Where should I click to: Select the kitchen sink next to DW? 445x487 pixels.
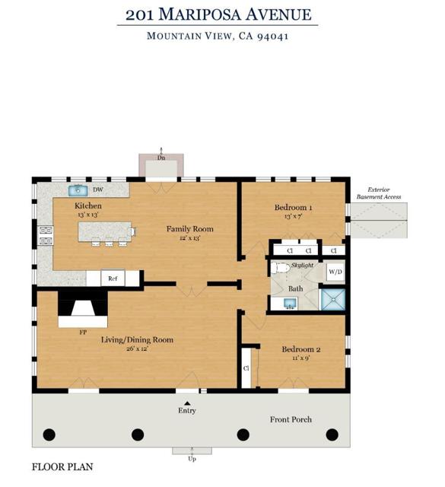point(78,190)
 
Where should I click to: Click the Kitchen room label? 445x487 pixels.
point(87,206)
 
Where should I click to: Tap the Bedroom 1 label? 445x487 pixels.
point(293,208)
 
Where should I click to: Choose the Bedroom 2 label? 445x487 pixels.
point(301,349)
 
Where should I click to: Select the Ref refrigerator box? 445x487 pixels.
point(113,279)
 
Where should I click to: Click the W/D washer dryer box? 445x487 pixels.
point(335,272)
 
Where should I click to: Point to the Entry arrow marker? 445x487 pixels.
point(187,403)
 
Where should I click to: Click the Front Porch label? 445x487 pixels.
point(291,419)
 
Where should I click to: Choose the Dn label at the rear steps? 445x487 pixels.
point(161,158)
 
